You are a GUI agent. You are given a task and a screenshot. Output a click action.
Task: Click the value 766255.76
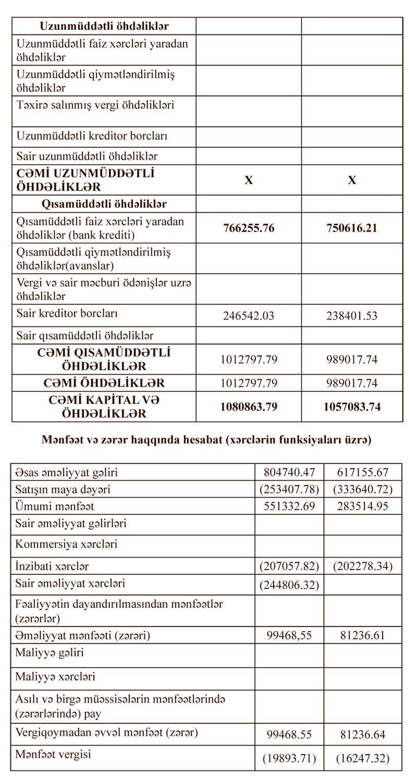[249, 228]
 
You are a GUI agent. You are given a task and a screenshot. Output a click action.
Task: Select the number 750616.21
[352, 228]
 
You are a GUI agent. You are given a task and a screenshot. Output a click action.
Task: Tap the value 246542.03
[249, 316]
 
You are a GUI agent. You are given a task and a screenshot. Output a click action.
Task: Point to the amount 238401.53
[352, 316]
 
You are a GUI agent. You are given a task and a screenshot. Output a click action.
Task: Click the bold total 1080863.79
[249, 407]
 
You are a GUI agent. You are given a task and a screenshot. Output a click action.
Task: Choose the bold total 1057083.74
[352, 407]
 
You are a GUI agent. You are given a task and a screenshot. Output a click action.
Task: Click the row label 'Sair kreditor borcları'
[67, 314]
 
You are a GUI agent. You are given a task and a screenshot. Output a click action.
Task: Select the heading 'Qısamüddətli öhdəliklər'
[104, 204]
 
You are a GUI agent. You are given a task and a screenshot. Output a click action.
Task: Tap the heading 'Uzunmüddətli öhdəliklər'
[104, 26]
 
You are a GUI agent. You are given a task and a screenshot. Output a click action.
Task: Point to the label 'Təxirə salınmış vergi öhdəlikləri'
[95, 105]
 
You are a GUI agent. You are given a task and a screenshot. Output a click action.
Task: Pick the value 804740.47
[289, 473]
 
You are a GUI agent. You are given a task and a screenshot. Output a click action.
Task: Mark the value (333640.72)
[363, 489]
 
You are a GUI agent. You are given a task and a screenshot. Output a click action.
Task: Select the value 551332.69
[289, 506]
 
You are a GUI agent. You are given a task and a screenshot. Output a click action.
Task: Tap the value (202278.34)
[363, 566]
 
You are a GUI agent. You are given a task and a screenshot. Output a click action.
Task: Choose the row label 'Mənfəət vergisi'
[48, 754]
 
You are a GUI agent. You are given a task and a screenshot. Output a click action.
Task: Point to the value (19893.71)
[289, 758]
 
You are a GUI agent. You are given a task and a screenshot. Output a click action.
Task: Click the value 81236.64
[363, 735]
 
